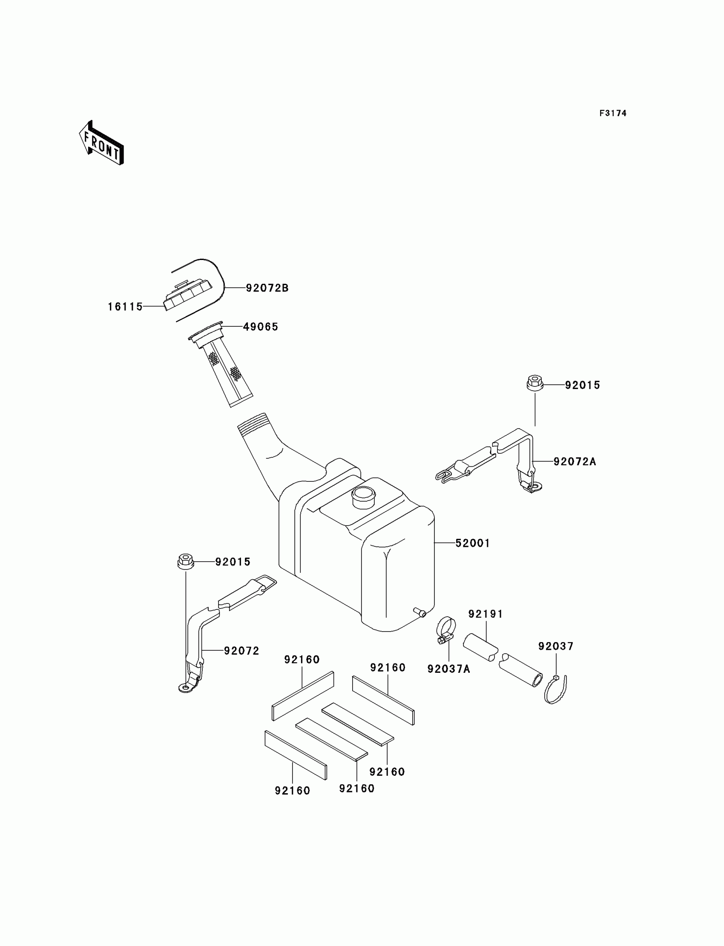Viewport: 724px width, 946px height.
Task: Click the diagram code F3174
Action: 612,113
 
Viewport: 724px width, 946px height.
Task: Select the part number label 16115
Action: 125,306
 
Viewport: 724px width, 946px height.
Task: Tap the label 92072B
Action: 267,288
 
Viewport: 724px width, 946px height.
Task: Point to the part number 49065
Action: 260,327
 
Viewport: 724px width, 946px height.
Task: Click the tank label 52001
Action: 473,543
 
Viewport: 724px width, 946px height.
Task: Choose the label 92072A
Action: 575,462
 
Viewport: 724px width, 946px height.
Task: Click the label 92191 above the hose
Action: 486,614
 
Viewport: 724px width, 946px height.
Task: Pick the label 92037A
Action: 448,669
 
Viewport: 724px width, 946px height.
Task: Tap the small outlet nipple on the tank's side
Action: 419,612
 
